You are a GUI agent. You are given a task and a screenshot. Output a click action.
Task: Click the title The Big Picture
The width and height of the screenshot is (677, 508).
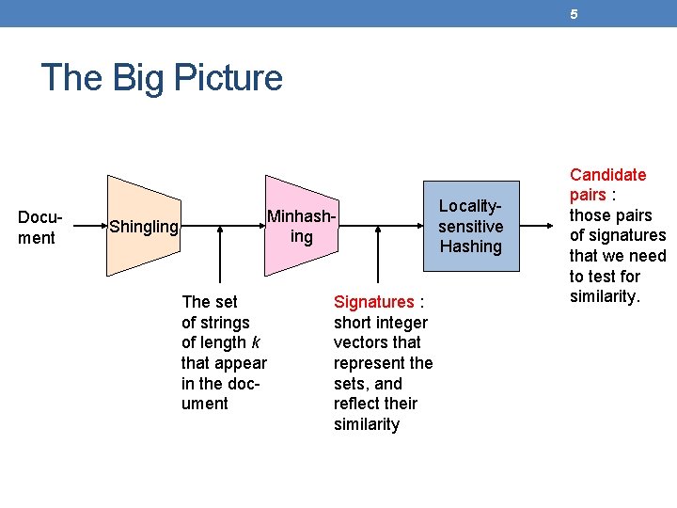tap(162, 77)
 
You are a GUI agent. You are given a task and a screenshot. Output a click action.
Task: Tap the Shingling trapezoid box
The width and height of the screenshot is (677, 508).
tap(142, 226)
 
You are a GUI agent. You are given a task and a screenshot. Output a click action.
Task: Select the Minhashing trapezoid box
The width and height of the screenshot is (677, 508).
tap(301, 226)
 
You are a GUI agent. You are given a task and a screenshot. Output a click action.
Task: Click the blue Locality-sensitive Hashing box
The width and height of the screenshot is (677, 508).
tap(470, 226)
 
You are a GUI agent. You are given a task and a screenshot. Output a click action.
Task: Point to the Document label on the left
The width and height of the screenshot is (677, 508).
tap(39, 227)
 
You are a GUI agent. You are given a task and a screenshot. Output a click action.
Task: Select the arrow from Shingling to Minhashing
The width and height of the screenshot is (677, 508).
tap(222, 226)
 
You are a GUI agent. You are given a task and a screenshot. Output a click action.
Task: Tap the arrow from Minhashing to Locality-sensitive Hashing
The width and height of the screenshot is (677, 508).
tap(380, 226)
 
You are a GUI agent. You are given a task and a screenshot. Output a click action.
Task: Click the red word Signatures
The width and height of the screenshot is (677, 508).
tap(373, 302)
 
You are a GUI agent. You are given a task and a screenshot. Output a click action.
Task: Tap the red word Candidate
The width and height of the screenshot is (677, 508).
tap(608, 175)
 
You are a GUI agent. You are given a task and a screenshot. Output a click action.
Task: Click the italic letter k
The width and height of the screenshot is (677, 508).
tap(256, 342)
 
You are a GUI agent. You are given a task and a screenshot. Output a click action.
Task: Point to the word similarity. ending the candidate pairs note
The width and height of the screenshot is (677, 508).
tap(605, 297)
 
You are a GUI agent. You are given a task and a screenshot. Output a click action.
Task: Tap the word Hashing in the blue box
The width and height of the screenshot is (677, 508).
tap(470, 246)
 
